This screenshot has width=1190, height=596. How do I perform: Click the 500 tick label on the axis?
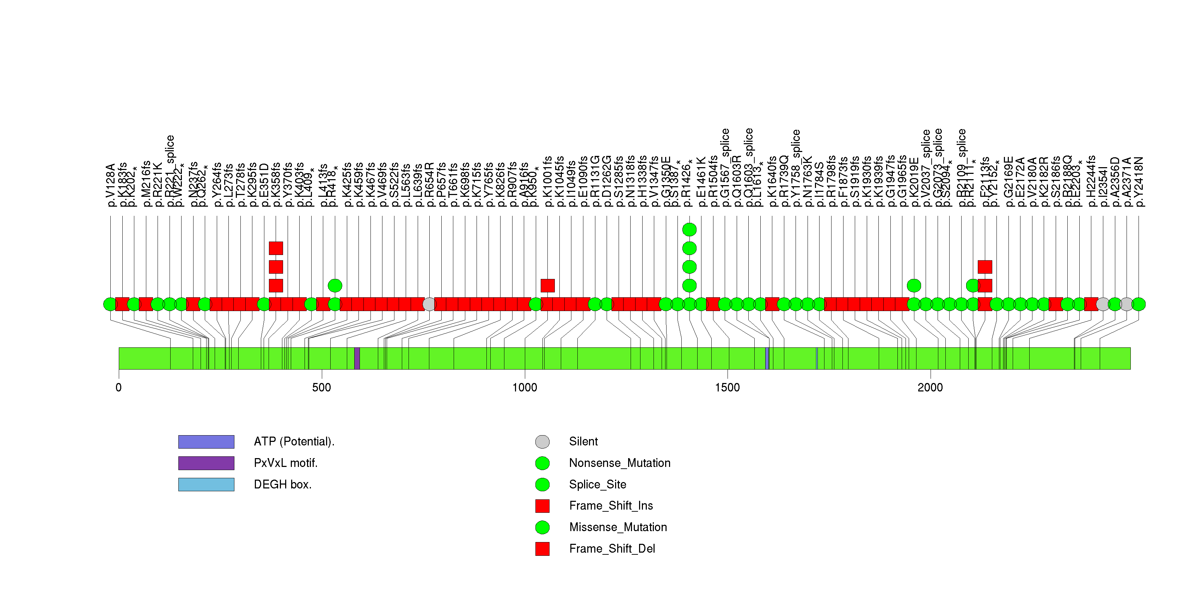coord(321,388)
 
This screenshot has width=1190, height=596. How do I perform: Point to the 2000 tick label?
coord(930,388)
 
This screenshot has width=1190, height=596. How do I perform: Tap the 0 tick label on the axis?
coord(119,388)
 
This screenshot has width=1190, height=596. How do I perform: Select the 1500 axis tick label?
coord(727,388)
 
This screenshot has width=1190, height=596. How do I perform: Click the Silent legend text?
coord(583,442)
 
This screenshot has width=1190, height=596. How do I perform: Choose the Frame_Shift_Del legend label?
coord(612,549)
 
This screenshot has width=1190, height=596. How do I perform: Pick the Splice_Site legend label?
coord(597,485)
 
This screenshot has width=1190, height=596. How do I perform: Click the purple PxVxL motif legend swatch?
coord(206,463)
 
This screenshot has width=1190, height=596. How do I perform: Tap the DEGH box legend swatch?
coord(206,485)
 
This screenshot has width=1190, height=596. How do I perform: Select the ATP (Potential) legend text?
coord(294,442)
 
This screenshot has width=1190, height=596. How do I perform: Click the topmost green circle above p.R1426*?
coord(689,230)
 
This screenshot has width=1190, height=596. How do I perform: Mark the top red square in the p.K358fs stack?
coord(276,248)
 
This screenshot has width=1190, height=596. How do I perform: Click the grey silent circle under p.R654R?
coord(429,304)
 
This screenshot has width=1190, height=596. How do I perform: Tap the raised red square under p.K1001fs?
coord(547,286)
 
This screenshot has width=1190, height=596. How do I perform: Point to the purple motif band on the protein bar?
coord(357,359)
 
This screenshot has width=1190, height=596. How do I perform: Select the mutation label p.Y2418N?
coord(1139,182)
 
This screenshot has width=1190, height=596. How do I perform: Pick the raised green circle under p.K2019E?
coord(913,286)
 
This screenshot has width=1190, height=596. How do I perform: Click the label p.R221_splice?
coord(170,171)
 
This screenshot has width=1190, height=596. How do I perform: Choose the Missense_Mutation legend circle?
coord(542,527)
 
